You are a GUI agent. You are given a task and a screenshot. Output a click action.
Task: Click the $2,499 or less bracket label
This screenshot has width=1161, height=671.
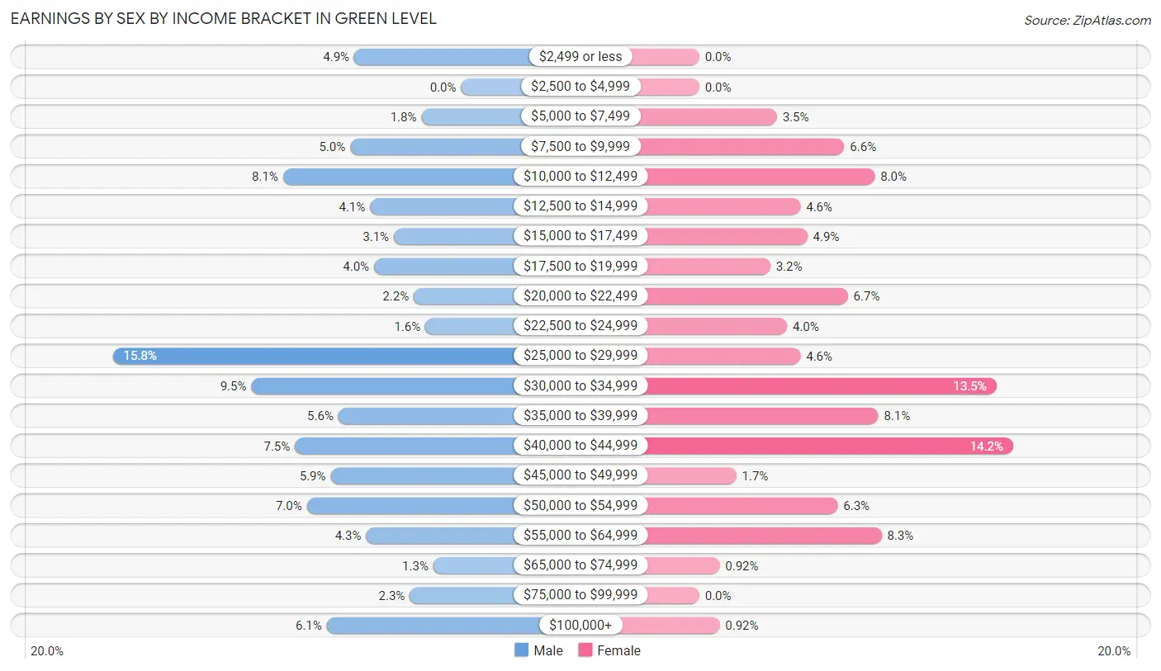click(x=580, y=57)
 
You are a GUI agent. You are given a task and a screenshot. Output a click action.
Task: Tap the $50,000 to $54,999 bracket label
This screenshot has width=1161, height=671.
click(x=580, y=506)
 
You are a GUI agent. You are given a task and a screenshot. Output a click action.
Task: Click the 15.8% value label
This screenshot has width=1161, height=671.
click(x=140, y=356)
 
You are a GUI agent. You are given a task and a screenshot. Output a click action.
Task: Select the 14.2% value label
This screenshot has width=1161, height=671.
click(x=987, y=446)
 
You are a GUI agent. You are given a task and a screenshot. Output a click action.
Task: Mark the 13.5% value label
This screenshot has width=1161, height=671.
click(x=970, y=386)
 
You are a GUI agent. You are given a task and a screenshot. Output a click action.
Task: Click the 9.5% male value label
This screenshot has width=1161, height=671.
click(x=233, y=386)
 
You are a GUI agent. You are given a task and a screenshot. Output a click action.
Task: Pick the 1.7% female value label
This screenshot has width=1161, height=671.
click(x=755, y=476)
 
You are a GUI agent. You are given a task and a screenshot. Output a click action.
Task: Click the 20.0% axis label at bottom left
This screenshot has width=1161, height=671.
click(x=47, y=650)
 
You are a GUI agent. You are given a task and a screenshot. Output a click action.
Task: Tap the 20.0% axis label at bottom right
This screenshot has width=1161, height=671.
click(x=1113, y=650)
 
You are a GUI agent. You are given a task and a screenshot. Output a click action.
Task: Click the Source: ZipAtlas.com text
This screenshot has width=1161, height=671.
click(x=1088, y=20)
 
